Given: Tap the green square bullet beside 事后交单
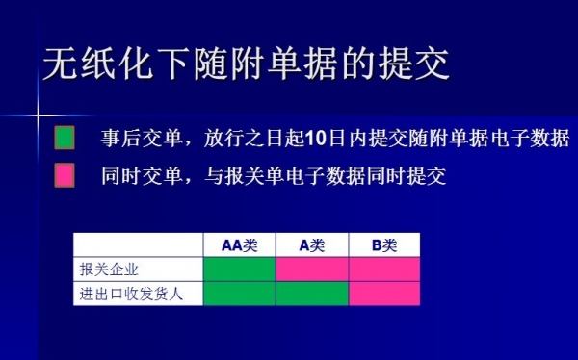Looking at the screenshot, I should pyautogui.click(x=64, y=139).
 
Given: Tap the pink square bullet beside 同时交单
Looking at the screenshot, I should pyautogui.click(x=64, y=175).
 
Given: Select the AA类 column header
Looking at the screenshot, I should pyautogui.click(x=240, y=245).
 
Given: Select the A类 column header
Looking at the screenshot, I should pyautogui.click(x=312, y=245).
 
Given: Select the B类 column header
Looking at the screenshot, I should pyautogui.click(x=384, y=245).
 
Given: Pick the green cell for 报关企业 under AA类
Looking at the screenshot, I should pyautogui.click(x=240, y=270).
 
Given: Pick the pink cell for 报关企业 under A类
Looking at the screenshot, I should pyautogui.click(x=312, y=270).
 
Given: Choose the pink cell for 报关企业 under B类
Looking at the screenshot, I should pyautogui.click(x=384, y=270).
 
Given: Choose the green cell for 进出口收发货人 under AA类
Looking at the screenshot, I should pyautogui.click(x=240, y=293).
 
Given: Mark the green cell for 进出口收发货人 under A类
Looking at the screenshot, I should pyautogui.click(x=312, y=293).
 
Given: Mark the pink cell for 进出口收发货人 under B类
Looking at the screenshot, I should pyautogui.click(x=384, y=293).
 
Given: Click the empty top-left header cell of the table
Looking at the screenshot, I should pyautogui.click(x=139, y=245).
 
